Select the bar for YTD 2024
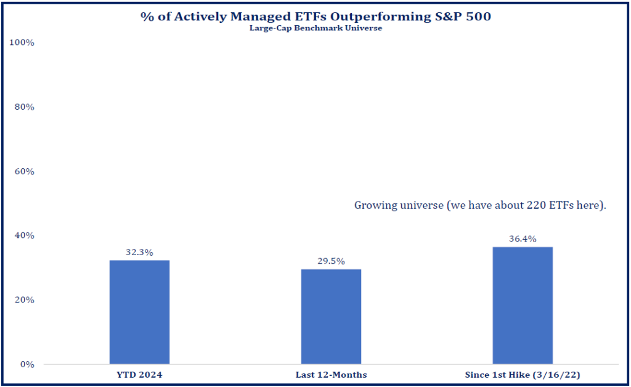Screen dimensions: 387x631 139,312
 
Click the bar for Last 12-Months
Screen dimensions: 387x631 331,316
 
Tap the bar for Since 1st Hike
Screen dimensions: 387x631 523,305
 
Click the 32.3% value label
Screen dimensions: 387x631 139,253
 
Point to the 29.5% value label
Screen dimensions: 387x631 331,261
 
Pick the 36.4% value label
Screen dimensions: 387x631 523,239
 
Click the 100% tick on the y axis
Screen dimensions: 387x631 22,43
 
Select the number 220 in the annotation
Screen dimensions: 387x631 536,205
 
